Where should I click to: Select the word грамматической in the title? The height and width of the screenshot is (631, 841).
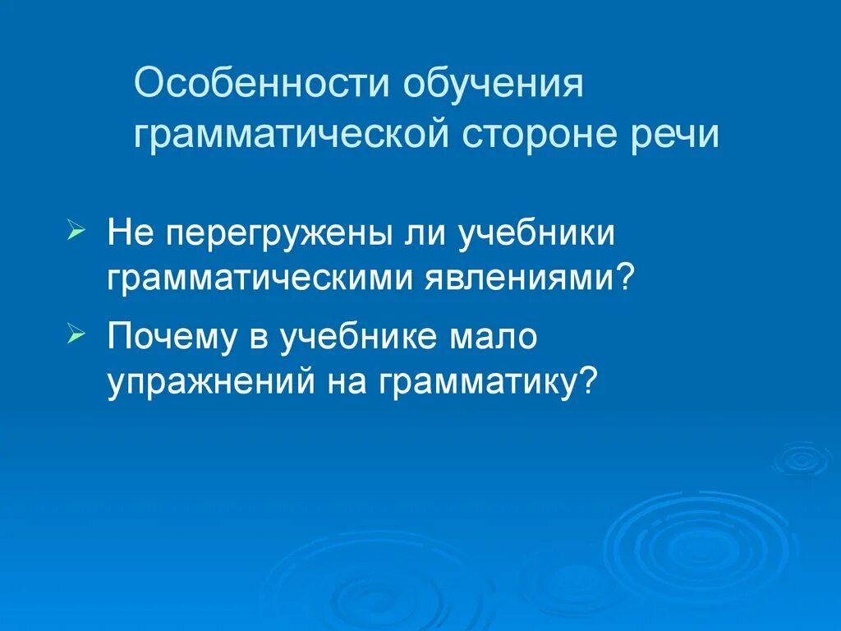pyautogui.click(x=291, y=135)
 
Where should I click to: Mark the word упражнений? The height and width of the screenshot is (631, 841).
pyautogui.click(x=214, y=383)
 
